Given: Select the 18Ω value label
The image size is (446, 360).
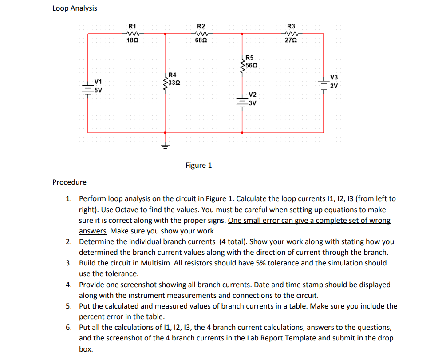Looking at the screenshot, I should click(132, 40).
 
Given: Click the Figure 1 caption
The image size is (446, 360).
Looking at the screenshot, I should click(198, 166).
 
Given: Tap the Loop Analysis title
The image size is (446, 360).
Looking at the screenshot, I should click(75, 8).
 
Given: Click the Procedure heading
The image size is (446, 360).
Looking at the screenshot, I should click(69, 182).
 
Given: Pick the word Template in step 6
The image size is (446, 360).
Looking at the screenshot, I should click(323, 338).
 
